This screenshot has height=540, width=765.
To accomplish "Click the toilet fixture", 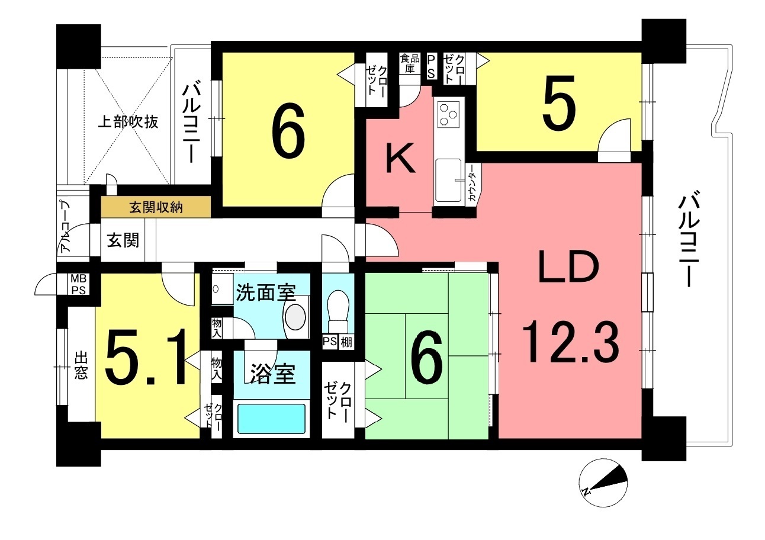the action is [337, 311].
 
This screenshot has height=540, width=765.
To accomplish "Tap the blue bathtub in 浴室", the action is [271, 419].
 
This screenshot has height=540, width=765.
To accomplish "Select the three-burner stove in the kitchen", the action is [449, 115].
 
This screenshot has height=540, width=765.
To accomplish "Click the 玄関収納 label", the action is [156, 207].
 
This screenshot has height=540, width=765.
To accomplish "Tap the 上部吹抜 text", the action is [128, 122].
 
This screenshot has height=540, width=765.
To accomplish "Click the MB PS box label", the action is [78, 284].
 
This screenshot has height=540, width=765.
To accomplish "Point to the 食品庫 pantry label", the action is [410, 63].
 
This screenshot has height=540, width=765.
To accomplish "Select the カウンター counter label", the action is [473, 183].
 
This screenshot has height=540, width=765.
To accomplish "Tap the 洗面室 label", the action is [266, 292].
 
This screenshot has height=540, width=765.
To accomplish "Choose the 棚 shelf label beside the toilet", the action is [346, 342].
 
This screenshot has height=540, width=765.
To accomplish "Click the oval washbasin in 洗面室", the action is [295, 317].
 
